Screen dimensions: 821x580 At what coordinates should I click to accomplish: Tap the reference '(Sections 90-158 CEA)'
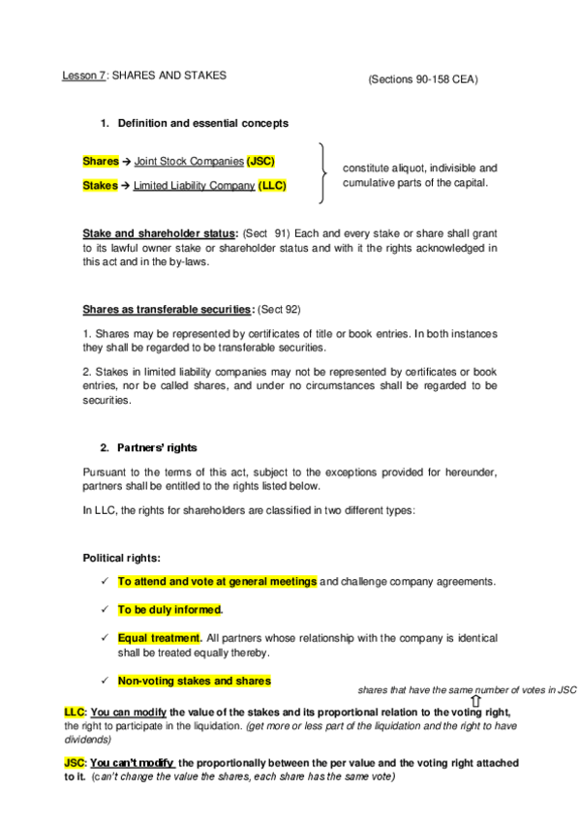(x=422, y=79)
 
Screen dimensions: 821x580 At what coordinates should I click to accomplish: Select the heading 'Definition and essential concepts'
(x=202, y=123)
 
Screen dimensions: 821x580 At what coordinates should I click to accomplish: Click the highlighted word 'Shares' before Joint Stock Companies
(x=101, y=161)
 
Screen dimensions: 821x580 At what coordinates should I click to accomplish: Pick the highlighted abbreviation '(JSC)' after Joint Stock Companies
(x=260, y=161)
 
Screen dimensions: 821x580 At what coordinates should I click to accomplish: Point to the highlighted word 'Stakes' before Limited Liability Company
(x=100, y=184)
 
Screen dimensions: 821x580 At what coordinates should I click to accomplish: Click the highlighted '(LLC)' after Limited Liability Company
(x=273, y=184)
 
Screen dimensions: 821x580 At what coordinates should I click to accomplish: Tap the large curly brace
(x=322, y=173)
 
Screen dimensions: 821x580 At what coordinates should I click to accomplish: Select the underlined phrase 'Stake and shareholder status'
(x=160, y=233)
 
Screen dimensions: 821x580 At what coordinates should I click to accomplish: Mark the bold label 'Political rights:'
(x=122, y=559)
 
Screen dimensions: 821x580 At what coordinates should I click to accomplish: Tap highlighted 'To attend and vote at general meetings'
(x=217, y=582)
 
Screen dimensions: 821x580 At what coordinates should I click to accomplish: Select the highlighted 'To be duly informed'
(x=169, y=610)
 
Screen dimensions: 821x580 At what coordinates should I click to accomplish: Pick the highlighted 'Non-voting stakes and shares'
(x=194, y=681)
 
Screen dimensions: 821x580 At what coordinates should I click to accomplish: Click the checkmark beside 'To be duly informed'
(x=104, y=610)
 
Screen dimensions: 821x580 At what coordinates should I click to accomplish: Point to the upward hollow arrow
(x=475, y=700)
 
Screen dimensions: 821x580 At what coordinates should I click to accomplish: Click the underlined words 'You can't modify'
(x=133, y=763)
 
